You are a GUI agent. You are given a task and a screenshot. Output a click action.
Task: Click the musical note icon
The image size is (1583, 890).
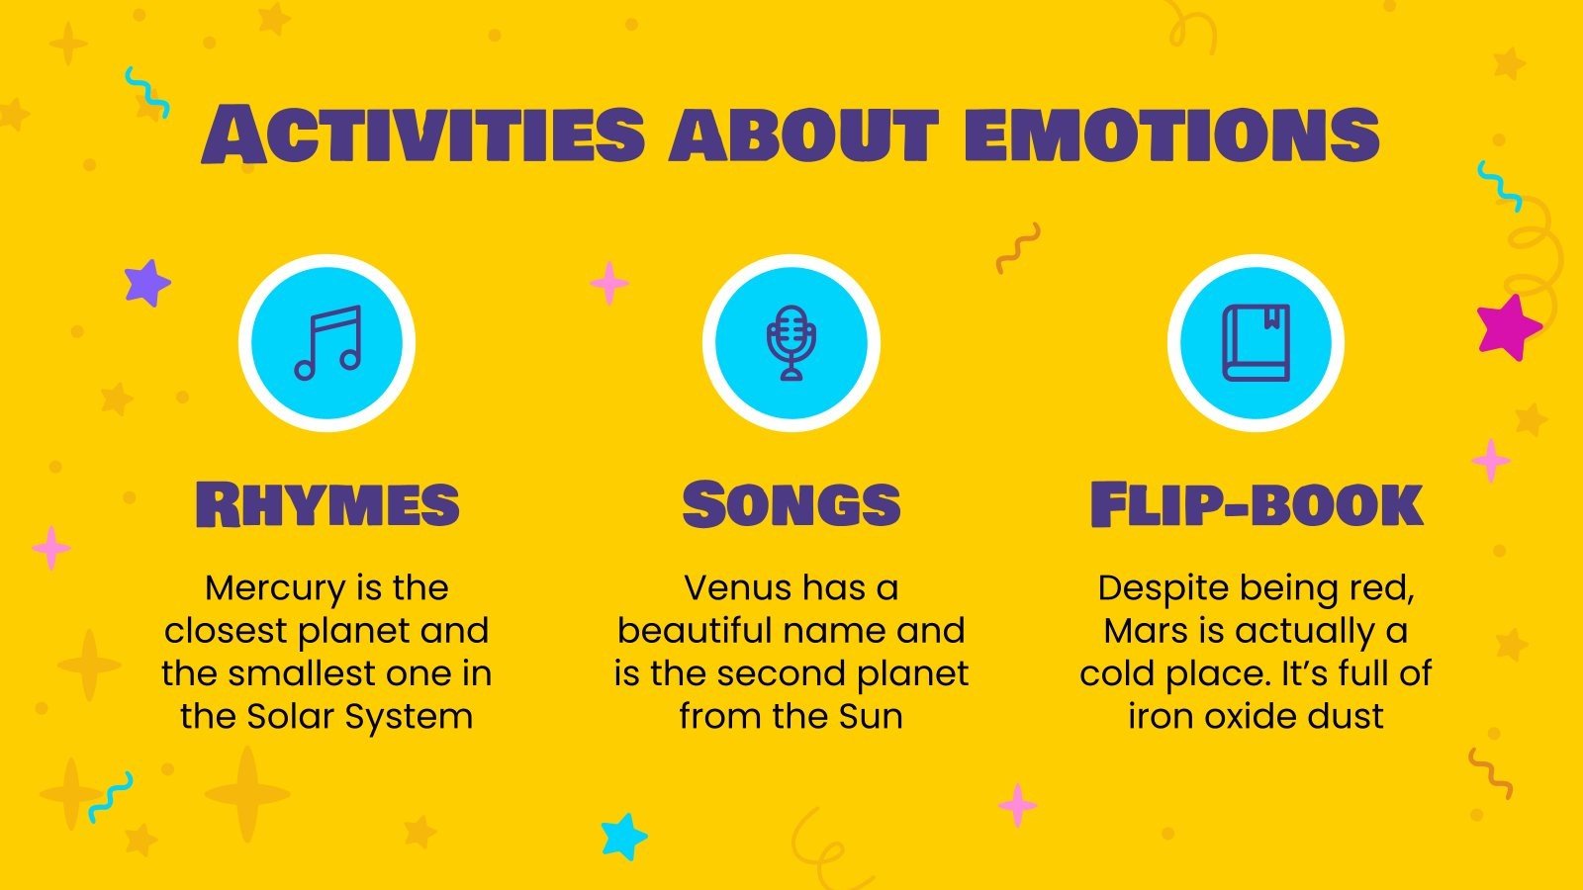[327, 342]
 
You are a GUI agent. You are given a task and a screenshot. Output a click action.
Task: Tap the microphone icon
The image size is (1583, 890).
[791, 342]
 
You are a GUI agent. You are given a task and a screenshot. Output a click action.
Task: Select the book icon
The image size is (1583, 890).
[1256, 342]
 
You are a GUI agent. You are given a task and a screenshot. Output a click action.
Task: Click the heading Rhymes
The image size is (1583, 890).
[327, 504]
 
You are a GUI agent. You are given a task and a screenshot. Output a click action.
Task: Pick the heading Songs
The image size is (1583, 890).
[791, 504]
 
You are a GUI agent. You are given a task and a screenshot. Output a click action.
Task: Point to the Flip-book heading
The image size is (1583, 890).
[1256, 504]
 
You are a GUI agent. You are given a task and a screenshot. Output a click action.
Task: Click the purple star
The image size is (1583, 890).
[146, 283]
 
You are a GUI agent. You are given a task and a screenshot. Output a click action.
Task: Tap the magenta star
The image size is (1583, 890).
[1508, 327]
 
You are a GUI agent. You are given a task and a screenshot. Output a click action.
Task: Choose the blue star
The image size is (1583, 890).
[623, 836]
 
